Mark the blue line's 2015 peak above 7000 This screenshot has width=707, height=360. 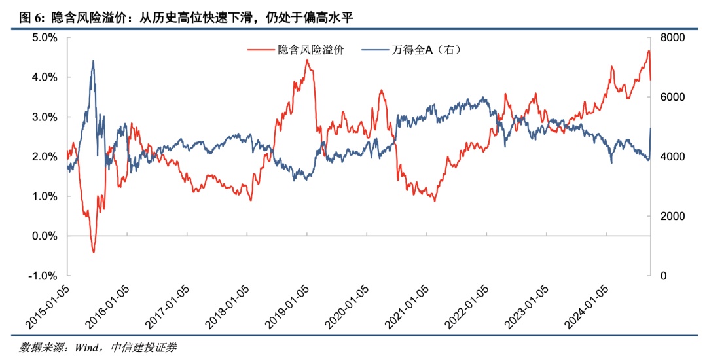93,61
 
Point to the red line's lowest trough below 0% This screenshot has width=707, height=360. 94,252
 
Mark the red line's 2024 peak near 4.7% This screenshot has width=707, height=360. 648,50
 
